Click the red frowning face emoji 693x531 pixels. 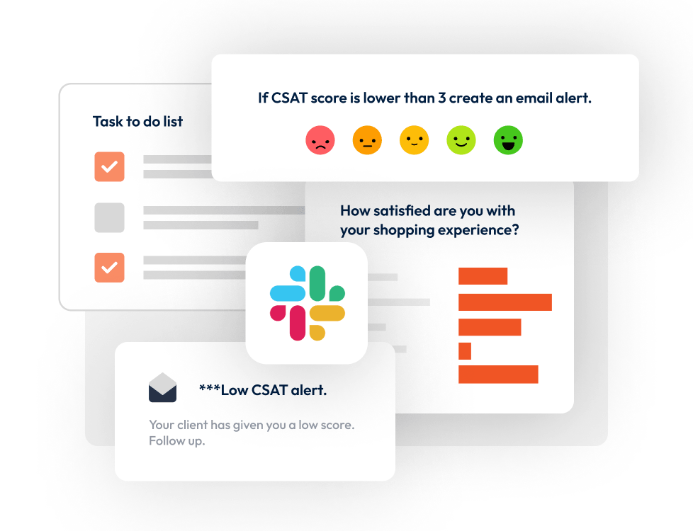320,140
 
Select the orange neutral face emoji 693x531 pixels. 367,140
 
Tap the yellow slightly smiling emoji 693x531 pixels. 414,140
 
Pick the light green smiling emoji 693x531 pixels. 461,140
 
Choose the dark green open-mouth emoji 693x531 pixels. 508,140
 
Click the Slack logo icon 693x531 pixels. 307,303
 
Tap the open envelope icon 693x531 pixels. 162,387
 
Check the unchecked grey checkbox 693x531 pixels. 109,217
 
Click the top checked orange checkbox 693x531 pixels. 109,167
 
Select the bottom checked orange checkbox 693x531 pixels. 109,268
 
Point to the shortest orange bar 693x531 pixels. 465,351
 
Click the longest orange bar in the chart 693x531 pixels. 505,302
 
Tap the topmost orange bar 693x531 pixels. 483,276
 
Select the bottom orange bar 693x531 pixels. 498,375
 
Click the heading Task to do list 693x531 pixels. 137,122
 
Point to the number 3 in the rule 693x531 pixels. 441,98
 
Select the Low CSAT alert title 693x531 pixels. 263,389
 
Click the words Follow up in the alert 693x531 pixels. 176,441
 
